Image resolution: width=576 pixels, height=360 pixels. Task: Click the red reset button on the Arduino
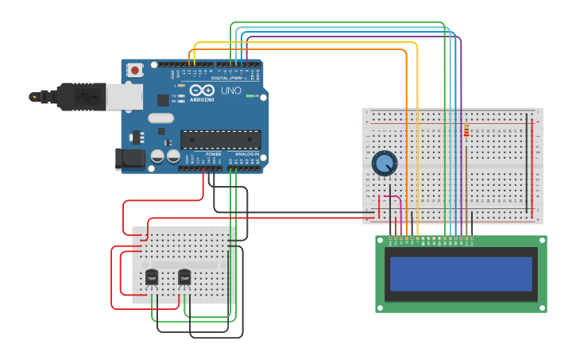[135, 70]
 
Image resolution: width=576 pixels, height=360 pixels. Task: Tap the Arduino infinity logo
[202, 90]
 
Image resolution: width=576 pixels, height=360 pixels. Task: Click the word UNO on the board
[231, 91]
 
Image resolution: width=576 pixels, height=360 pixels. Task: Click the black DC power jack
[129, 158]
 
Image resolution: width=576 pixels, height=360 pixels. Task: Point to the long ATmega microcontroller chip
[220, 140]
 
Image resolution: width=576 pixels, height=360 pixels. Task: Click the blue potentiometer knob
[385, 164]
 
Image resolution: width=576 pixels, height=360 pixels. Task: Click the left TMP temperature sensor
[152, 278]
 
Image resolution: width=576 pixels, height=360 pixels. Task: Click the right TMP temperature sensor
[184, 278]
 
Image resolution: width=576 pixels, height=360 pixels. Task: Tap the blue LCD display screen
[461, 273]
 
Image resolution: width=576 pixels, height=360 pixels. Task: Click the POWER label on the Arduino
[213, 154]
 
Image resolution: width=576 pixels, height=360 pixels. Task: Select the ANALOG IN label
[247, 154]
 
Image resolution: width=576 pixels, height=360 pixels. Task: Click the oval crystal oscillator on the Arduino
[160, 118]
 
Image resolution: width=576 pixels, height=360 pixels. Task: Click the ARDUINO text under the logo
[202, 99]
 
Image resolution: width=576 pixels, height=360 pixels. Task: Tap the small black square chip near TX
[163, 100]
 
